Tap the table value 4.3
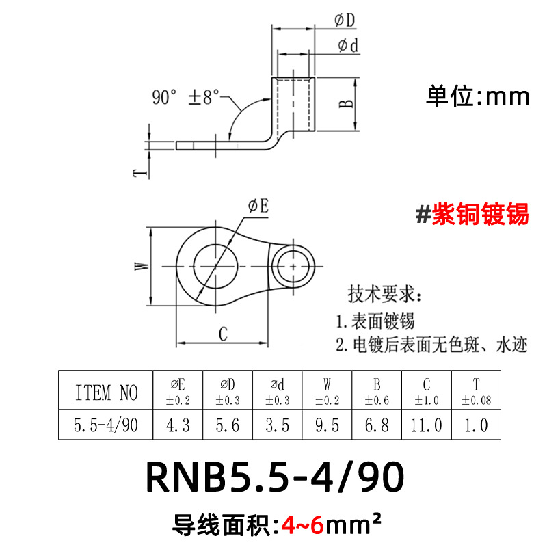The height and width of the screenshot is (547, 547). [178, 425]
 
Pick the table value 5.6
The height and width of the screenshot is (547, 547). [228, 425]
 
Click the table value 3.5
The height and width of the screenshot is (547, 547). [277, 425]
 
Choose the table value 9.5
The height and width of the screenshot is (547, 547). [326, 425]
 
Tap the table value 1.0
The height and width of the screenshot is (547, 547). [476, 425]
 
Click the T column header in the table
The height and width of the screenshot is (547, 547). [476, 392]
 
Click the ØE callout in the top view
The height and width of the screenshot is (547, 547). [258, 206]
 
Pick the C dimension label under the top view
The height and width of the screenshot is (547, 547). [223, 333]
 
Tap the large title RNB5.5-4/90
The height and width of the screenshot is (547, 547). [274, 479]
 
